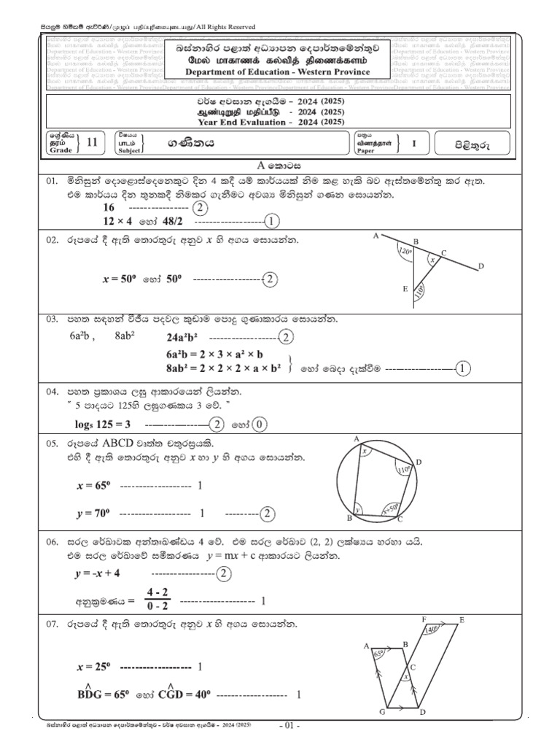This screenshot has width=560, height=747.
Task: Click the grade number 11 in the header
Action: coord(91,143)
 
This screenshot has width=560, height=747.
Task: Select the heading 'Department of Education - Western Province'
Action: coord(278,71)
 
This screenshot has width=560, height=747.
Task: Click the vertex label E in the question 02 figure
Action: coord(405,290)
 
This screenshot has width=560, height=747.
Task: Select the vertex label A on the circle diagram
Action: coord(357,439)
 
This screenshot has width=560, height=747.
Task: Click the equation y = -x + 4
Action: coord(97,574)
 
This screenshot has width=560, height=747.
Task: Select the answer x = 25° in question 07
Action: coord(93,667)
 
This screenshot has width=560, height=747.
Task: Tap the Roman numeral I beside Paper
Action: coord(414,144)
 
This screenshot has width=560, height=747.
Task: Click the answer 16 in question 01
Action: coord(110,207)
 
